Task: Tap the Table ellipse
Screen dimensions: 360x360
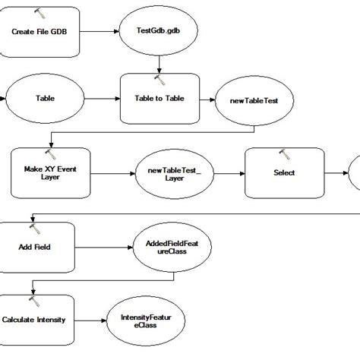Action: [45, 98]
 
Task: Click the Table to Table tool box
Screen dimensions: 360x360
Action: [159, 99]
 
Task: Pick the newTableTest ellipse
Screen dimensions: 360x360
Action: [251, 99]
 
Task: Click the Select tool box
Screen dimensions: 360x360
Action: [284, 172]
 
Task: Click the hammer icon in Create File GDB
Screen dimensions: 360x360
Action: [40, 14]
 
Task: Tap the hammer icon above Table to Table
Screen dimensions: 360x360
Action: [159, 78]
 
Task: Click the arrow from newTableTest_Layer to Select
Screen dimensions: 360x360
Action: [226, 172]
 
